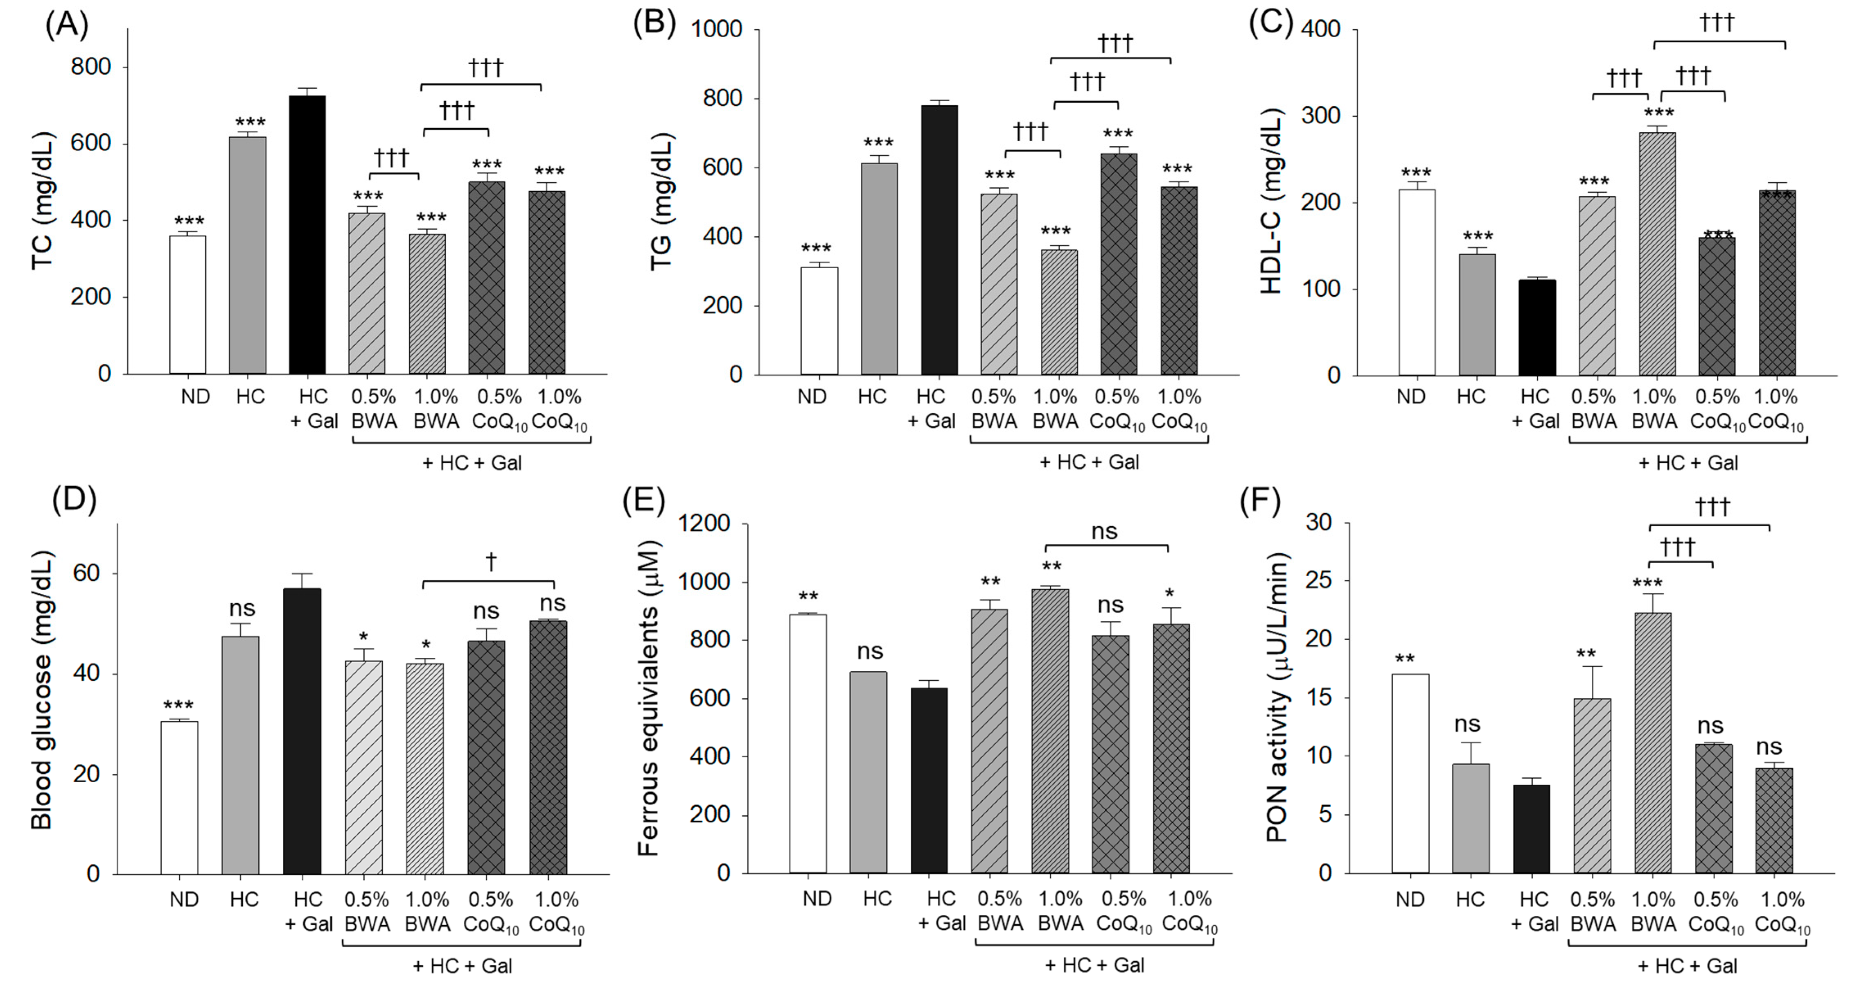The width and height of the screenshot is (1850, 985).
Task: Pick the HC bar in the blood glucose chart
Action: [241, 754]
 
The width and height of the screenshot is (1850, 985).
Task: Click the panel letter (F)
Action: [1260, 501]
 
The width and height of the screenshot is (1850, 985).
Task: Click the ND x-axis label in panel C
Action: [1410, 396]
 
